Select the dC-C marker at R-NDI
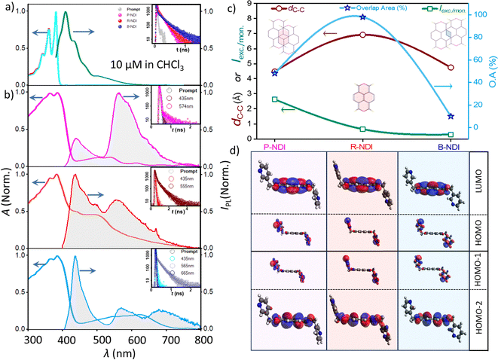click(362, 35)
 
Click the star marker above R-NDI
click(362, 17)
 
